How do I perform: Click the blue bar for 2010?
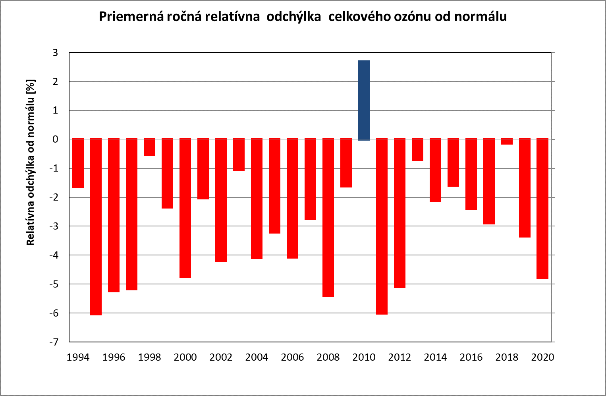364,100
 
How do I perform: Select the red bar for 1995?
96,226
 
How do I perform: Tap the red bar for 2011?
382,226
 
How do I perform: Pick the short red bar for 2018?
507,141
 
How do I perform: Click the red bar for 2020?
542,209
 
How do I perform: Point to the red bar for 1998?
150,147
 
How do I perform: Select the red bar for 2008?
328,217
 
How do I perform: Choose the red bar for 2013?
417,150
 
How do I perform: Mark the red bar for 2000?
185,208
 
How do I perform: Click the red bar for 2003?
239,155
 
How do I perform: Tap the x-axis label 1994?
78,357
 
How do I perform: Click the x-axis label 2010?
364,357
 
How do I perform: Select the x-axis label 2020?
542,357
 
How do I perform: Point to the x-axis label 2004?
257,357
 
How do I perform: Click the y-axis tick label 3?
55,52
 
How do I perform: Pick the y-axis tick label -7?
54,342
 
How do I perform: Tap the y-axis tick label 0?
55,139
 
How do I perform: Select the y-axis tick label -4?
54,255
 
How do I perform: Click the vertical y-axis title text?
31,163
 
